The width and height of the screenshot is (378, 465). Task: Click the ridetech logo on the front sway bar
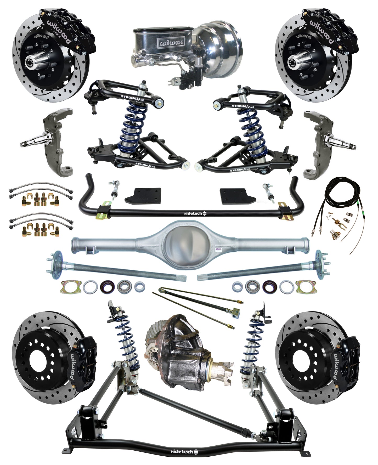193,213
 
